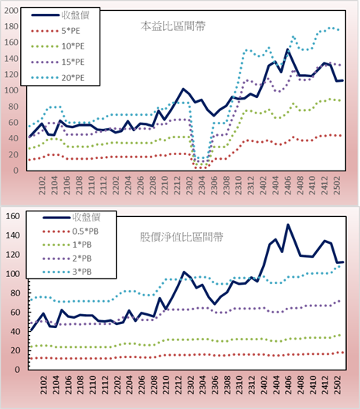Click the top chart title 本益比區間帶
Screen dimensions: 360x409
(x=173, y=26)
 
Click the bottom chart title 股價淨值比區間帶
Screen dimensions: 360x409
(x=182, y=237)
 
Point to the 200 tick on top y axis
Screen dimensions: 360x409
(x=12, y=11)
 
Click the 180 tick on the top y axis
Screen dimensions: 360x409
(x=12, y=26)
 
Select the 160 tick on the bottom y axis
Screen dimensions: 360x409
(x=13, y=216)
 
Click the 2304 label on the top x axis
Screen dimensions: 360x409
(x=202, y=185)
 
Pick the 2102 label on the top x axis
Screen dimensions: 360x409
(x=42, y=185)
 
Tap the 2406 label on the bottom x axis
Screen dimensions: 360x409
(x=288, y=385)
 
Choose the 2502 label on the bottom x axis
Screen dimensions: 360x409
(x=338, y=385)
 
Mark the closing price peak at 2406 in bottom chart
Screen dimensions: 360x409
(x=288, y=225)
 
